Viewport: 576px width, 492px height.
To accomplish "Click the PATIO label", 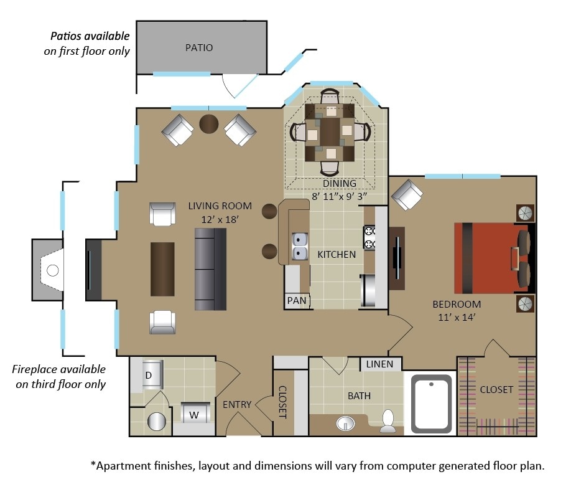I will tap(199, 47).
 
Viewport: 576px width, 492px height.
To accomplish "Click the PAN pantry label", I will tap(297, 301).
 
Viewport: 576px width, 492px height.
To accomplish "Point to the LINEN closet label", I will tap(379, 364).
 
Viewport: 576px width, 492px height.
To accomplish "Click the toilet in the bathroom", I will tap(388, 421).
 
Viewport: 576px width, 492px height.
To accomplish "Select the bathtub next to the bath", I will tap(432, 404).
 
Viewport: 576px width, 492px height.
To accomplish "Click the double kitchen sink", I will tap(300, 247).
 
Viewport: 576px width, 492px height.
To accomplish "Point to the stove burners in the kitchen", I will tap(369, 237).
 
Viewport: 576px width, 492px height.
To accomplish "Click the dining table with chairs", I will tap(330, 132).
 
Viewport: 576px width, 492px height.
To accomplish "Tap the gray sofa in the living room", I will tap(210, 269).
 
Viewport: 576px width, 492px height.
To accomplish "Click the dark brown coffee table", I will tap(163, 268).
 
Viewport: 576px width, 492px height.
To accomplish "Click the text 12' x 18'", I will tap(220, 219).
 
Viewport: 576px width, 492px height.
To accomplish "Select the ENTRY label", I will tap(237, 405).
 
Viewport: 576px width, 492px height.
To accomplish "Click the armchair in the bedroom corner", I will tap(407, 195).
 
